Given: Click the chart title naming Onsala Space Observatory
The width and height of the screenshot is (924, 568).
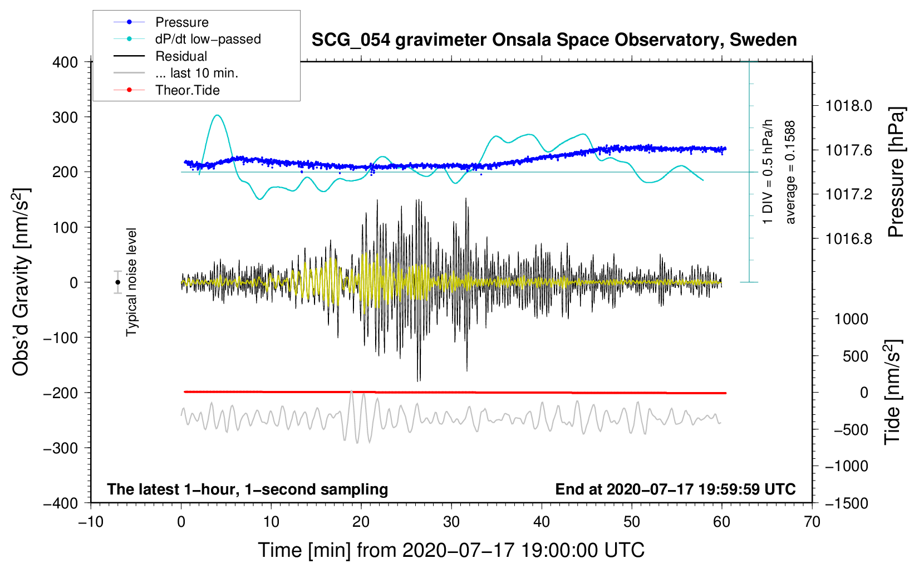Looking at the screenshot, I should [554, 40].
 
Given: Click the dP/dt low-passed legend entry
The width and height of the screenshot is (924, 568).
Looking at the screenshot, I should [208, 39].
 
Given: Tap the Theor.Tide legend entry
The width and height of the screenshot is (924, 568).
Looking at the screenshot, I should [187, 90].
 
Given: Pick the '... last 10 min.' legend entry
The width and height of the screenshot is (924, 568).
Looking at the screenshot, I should [196, 73].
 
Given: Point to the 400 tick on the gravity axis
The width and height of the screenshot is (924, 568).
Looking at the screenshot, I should [66, 62].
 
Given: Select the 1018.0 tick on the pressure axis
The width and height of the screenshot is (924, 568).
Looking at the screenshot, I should [848, 106].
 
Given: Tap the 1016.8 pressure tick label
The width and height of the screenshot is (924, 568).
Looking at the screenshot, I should [848, 239].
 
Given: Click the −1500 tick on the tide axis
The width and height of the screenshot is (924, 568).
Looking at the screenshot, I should [847, 503].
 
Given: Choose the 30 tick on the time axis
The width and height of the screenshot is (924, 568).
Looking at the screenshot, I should [451, 522].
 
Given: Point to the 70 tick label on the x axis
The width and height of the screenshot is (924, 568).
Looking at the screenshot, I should [812, 522].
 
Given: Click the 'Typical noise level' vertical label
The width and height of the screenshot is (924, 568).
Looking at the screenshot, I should [131, 282].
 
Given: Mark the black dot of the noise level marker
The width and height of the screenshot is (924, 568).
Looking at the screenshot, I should [118, 282].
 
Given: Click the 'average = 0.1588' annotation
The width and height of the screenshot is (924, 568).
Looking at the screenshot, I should [790, 173].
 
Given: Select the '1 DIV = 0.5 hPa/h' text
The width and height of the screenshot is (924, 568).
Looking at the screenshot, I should [768, 172].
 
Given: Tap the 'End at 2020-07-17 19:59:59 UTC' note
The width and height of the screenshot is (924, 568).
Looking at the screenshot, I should [675, 489].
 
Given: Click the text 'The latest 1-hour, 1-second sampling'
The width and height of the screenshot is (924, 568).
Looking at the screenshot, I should [248, 489].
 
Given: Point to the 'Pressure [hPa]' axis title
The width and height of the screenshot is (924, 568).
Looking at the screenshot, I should [896, 172].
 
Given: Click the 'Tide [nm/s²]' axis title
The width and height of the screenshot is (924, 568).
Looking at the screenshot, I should [892, 392].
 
